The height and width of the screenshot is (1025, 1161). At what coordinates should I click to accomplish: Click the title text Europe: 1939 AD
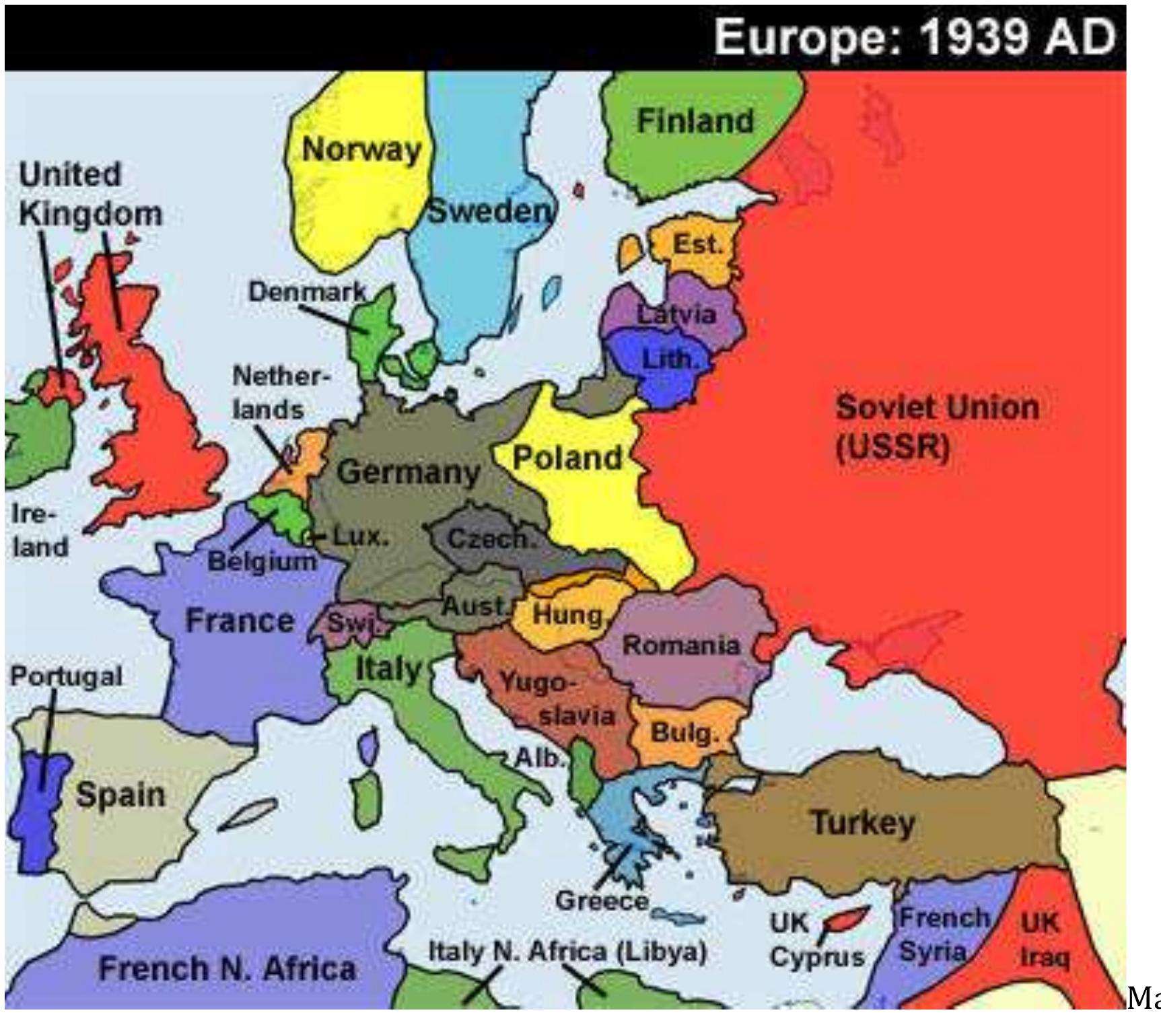(x=915, y=37)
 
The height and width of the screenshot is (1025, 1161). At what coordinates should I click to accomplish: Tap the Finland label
(x=695, y=122)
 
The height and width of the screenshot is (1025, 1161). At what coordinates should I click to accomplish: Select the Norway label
(x=361, y=149)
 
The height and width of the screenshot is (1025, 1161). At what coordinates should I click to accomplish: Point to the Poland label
(x=567, y=458)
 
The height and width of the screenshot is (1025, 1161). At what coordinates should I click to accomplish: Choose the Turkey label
(x=863, y=822)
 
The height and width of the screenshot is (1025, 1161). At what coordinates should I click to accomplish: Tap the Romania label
(x=680, y=645)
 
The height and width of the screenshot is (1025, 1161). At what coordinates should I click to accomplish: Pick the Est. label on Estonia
(x=697, y=244)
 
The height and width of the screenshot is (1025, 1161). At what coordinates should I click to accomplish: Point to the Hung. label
(x=568, y=614)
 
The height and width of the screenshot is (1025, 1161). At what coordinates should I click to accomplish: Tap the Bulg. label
(x=684, y=732)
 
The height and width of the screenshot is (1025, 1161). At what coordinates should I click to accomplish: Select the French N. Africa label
(x=227, y=968)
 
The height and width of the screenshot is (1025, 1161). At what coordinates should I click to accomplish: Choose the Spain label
(x=120, y=795)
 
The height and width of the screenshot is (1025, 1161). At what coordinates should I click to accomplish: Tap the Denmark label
(x=307, y=292)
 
